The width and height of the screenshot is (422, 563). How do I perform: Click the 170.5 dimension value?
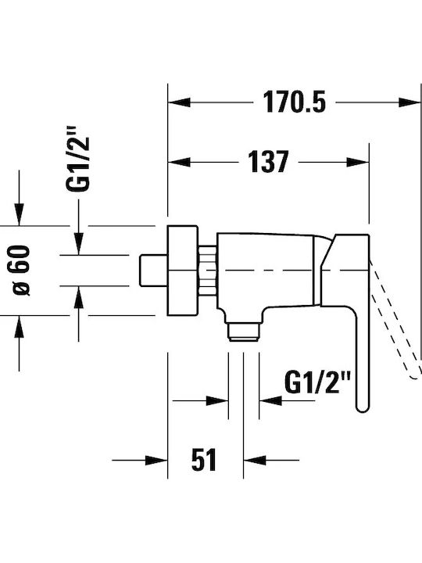295,102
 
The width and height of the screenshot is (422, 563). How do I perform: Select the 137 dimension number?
268,162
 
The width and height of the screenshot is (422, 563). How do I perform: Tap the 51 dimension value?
204,460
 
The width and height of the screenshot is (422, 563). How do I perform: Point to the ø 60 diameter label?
21,271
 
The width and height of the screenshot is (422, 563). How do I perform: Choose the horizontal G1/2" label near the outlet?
316,382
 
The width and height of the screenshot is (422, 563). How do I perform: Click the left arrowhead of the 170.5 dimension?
179,102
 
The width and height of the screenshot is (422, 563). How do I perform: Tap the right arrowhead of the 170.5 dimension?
409,102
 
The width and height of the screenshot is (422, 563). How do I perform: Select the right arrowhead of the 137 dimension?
358,163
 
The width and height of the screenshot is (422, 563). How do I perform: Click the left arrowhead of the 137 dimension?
179,163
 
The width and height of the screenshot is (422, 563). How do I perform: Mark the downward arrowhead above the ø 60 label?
19,215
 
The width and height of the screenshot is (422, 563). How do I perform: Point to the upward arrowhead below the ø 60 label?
19,326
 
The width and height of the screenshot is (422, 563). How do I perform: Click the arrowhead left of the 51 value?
156,460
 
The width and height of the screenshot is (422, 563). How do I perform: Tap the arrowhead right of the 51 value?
255,460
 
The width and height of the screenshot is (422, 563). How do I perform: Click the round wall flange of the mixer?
183,271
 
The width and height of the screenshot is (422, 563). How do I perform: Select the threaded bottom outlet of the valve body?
244,332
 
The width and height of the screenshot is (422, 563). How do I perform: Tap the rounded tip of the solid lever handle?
362,407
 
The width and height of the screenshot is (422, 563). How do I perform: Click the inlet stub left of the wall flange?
153,271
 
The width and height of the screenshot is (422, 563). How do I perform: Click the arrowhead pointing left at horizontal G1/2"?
270,400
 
